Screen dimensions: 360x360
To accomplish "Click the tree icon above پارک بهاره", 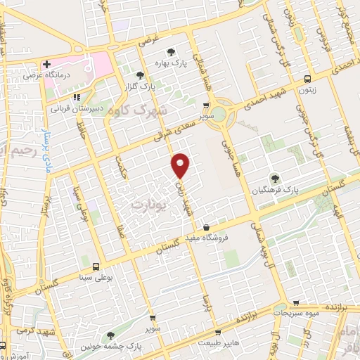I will tap(171, 51).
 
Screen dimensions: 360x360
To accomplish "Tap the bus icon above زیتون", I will tap(307, 79).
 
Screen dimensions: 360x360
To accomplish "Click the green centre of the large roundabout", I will tap(221, 112).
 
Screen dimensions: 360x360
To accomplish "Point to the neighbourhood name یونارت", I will tap(146, 203).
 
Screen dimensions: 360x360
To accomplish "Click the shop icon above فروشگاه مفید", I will tap(206, 228).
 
